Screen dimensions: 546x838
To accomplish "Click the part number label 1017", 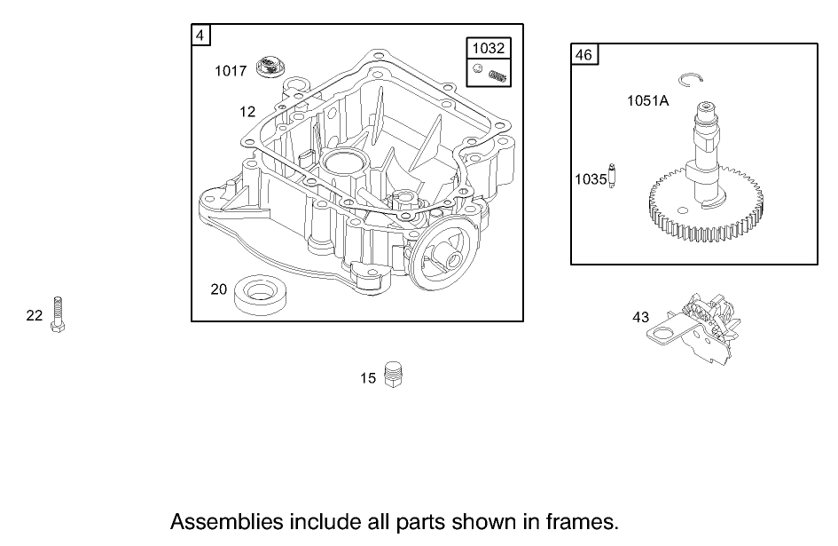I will (x=231, y=71).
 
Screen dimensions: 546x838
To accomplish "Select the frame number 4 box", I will (x=201, y=35).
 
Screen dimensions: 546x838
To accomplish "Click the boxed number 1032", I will (x=489, y=49).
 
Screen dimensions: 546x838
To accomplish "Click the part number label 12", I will (x=247, y=111).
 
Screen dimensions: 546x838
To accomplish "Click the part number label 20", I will (x=219, y=289).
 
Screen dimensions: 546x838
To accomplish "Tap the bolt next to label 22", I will (x=59, y=313).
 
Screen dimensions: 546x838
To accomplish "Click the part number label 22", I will (x=35, y=315).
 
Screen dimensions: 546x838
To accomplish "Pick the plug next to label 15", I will (x=395, y=375).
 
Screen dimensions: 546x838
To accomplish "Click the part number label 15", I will (x=368, y=378).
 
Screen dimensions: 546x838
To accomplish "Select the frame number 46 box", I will (x=583, y=55).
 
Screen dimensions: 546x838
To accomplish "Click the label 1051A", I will (x=648, y=101).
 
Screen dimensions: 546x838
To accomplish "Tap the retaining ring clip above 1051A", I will (x=691, y=80).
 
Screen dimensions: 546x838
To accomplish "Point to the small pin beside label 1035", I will (x=612, y=176).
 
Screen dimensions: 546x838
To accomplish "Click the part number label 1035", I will (x=591, y=179).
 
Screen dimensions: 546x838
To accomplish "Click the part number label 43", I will (x=641, y=317).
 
